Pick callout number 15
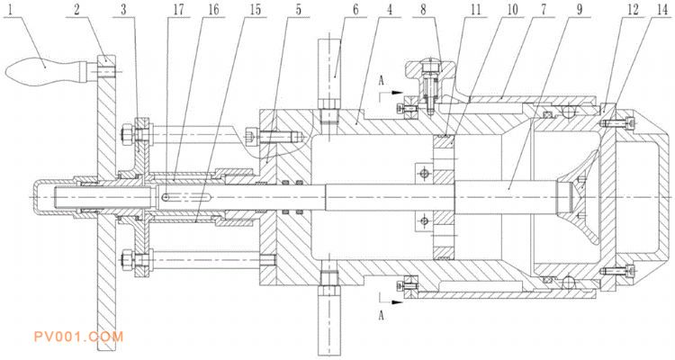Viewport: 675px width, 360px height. (256, 10)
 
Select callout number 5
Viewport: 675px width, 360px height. (298, 10)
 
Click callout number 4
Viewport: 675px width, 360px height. (365, 10)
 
